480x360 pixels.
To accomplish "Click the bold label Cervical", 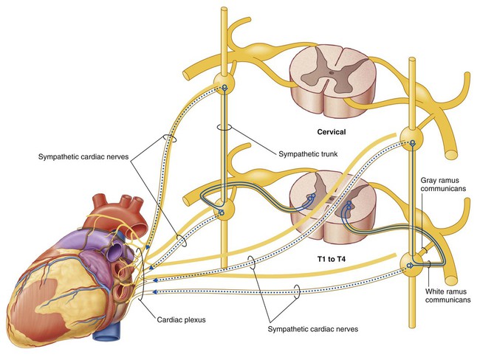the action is [332, 132].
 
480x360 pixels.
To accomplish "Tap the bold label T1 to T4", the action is [332, 260].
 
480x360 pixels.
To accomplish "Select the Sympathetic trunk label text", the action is [308, 154].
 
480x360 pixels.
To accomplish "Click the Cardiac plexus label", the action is [181, 320].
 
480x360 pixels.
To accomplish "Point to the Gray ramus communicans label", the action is [443, 184].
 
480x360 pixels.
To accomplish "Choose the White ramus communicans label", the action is [448, 296].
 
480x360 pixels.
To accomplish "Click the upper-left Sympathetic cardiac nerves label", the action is [83, 157].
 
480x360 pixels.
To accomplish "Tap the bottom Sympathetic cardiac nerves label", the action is [313, 329].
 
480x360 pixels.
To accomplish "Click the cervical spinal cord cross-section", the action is [333, 80].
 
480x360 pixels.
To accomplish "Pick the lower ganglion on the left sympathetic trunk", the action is [224, 209].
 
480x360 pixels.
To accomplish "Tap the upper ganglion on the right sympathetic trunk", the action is [411, 139].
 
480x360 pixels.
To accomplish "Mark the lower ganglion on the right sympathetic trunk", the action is [411, 264].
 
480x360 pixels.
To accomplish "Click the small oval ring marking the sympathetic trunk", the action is [224, 128].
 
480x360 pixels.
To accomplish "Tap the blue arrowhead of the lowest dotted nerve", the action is [155, 292].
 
